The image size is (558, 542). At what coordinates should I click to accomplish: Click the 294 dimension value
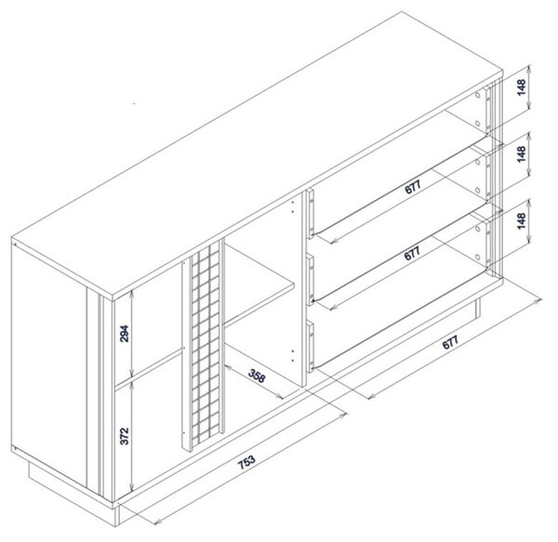(x=125, y=334)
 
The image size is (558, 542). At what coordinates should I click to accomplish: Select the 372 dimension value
(x=125, y=436)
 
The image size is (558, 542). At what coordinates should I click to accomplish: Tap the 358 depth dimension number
(x=257, y=376)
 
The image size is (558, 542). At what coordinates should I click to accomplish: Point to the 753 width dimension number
(x=246, y=462)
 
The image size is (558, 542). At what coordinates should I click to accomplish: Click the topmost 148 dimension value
(x=522, y=87)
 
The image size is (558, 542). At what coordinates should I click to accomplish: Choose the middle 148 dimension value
(x=522, y=154)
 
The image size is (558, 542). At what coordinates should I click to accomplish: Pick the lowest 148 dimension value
(x=522, y=221)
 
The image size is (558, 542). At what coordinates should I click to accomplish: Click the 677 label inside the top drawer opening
(x=413, y=187)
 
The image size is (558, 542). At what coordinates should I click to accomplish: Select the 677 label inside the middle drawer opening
(x=413, y=253)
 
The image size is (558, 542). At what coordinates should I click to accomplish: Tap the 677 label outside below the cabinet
(x=450, y=342)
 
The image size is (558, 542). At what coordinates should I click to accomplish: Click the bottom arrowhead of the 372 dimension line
(x=132, y=489)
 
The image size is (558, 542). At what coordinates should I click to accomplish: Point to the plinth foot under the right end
(x=478, y=308)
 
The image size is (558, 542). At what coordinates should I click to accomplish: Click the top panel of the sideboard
(x=257, y=152)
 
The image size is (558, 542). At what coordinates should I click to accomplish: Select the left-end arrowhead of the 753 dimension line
(x=157, y=522)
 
